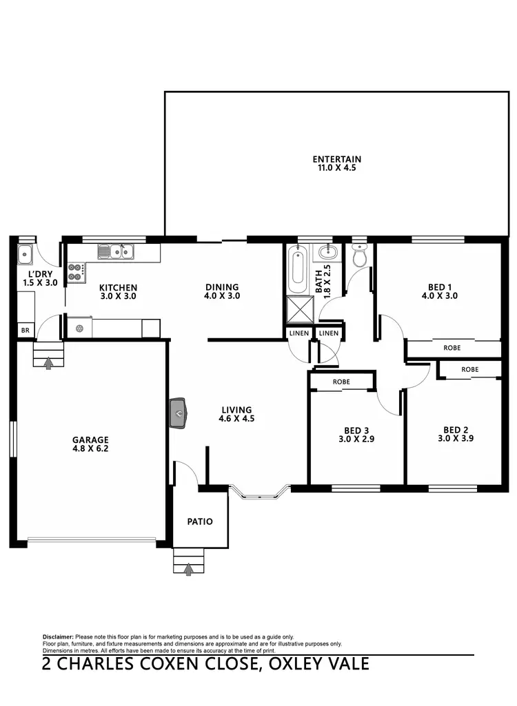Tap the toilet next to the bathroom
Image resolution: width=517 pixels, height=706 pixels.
(x=359, y=256)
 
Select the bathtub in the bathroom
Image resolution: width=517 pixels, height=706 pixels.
(x=298, y=273)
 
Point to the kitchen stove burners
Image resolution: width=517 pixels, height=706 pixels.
(x=75, y=272)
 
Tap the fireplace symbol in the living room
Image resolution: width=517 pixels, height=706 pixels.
(x=179, y=413)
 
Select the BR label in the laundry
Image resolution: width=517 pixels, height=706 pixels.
(x=26, y=331)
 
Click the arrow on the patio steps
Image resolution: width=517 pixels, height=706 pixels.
(x=190, y=568)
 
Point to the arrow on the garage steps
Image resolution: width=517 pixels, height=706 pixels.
(x=48, y=362)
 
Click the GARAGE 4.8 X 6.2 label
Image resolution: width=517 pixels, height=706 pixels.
(x=90, y=444)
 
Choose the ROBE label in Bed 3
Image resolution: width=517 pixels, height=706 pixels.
(x=342, y=381)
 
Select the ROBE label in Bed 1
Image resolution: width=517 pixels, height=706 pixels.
(x=452, y=349)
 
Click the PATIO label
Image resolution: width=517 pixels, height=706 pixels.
(x=200, y=521)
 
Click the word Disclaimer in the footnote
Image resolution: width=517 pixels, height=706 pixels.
(x=58, y=636)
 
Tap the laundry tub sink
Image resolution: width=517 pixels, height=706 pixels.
(x=26, y=254)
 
